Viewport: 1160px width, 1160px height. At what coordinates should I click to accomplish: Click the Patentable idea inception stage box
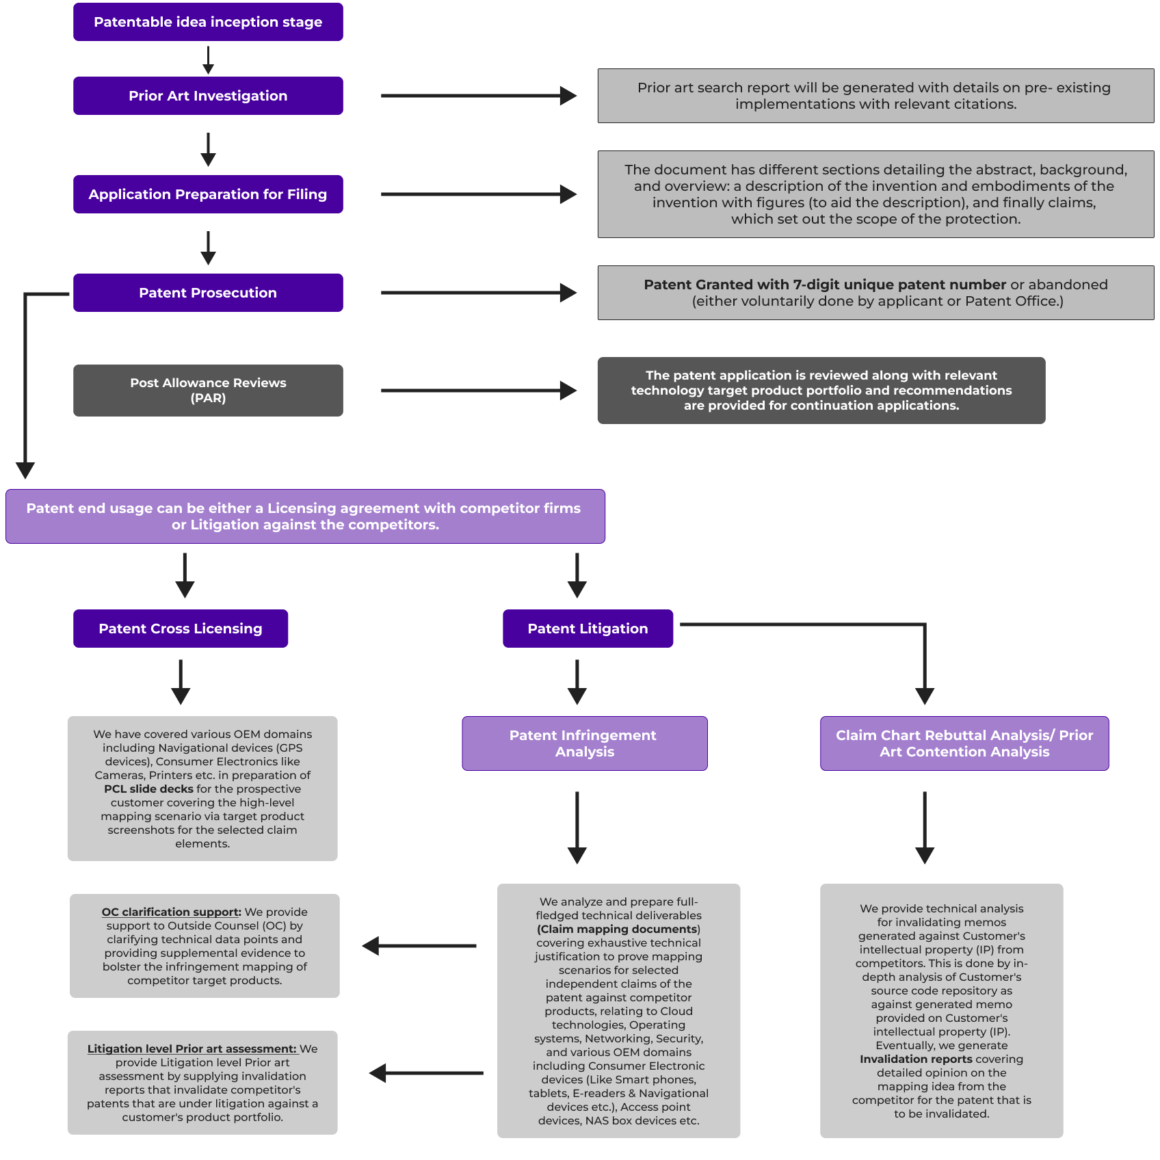point(208,22)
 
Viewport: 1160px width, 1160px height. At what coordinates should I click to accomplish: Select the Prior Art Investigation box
point(208,96)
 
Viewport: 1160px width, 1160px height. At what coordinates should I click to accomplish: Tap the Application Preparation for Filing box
point(208,194)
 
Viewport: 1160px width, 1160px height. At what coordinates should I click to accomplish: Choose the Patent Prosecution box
point(208,293)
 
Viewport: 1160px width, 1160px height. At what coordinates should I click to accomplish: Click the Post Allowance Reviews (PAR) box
point(208,391)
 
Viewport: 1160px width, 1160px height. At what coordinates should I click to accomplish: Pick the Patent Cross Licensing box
point(181,629)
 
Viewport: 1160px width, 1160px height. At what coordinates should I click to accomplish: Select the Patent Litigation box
point(588,629)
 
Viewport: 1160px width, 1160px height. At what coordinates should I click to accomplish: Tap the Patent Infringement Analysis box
point(585,743)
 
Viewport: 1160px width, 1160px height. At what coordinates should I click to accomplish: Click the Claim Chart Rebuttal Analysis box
point(964,743)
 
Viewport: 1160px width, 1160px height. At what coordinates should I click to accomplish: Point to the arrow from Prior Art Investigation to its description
point(479,96)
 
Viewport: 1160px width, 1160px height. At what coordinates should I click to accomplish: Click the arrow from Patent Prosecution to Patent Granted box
point(479,293)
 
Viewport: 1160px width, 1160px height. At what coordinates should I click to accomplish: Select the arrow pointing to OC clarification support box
point(419,946)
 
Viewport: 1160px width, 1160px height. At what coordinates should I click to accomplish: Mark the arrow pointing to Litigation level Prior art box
point(426,1073)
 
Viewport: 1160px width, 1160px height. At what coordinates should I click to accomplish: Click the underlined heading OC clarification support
point(171,912)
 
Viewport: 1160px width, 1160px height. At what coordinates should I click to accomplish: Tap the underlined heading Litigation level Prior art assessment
point(192,1049)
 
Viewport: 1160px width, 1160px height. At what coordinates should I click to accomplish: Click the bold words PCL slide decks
point(148,789)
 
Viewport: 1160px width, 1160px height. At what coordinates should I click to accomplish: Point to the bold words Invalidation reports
point(916,1059)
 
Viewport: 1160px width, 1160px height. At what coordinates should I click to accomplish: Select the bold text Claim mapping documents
point(618,929)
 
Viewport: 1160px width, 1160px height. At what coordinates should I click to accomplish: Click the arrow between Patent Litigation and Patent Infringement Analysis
point(577,682)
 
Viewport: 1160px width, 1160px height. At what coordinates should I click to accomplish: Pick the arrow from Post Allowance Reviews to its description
point(479,391)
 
